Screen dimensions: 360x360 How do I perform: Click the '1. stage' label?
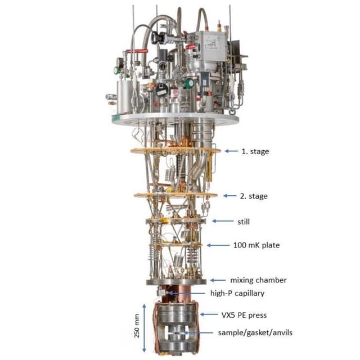coord(255,151)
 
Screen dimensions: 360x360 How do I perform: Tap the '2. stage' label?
coord(254,196)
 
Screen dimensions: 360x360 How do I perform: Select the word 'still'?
coord(244,222)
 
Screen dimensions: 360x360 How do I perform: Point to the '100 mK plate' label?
coord(256,245)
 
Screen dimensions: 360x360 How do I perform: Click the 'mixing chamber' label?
coord(258,280)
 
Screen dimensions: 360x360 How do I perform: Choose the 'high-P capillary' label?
coord(237,293)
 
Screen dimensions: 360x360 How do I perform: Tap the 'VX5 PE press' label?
coord(244,315)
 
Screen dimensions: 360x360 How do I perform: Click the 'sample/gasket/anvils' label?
coord(255,332)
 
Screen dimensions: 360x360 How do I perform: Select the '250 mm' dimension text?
coord(137,326)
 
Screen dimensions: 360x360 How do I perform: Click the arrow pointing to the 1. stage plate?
coord(231,151)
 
